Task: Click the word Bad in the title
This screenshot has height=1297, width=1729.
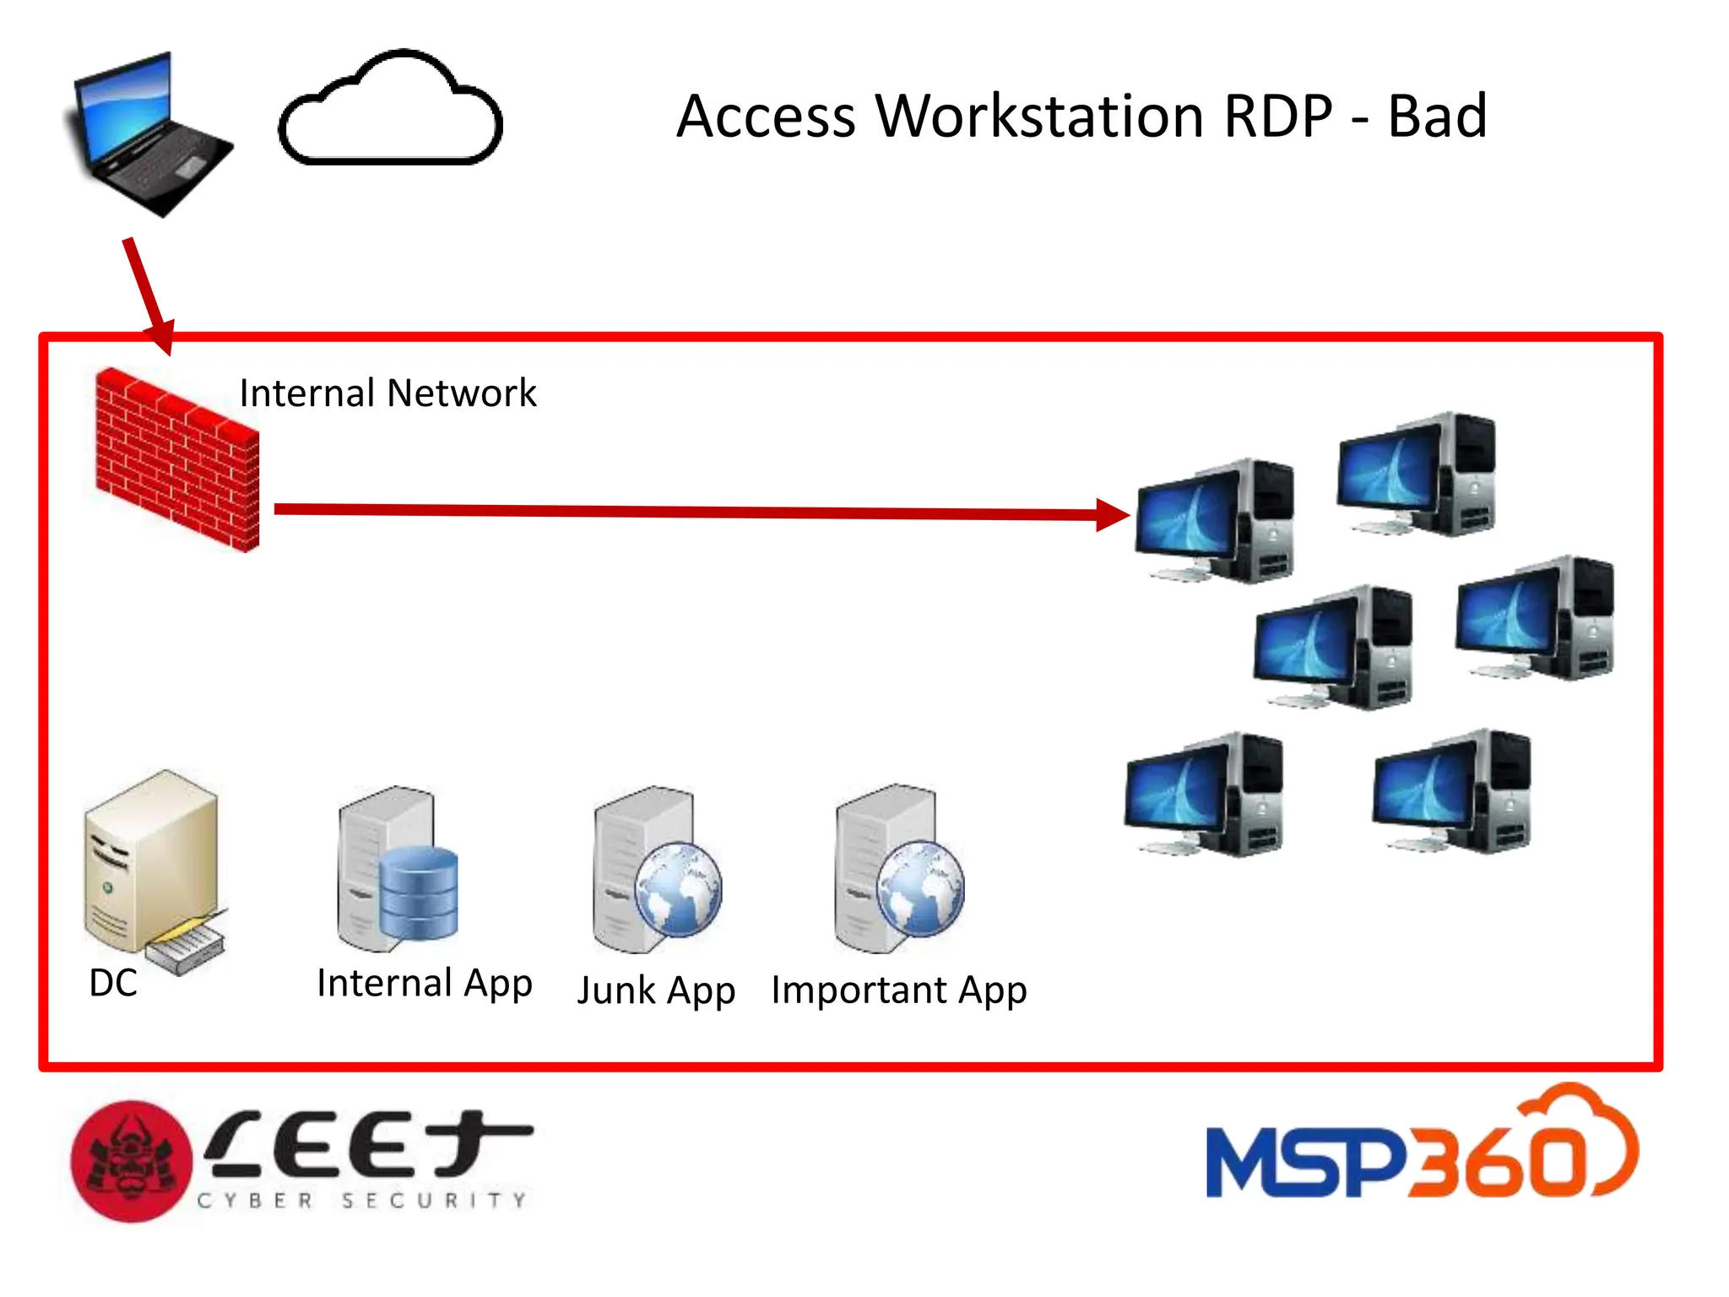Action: point(1436,117)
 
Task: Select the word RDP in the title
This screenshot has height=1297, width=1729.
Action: point(1277,117)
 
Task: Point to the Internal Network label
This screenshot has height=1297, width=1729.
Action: point(388,393)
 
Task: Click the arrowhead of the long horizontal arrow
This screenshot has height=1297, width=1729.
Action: point(1113,514)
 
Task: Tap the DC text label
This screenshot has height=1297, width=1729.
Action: point(113,983)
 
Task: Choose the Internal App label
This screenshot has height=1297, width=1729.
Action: point(425,984)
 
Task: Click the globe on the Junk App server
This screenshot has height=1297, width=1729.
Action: point(678,888)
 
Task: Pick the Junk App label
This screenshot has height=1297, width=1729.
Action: point(656,990)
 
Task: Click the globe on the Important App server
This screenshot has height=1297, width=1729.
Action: point(920,888)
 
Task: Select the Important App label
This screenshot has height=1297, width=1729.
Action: point(898,990)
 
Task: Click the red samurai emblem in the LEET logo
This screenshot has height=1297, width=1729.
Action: point(131,1162)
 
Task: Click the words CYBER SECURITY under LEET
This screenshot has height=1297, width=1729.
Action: point(363,1201)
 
